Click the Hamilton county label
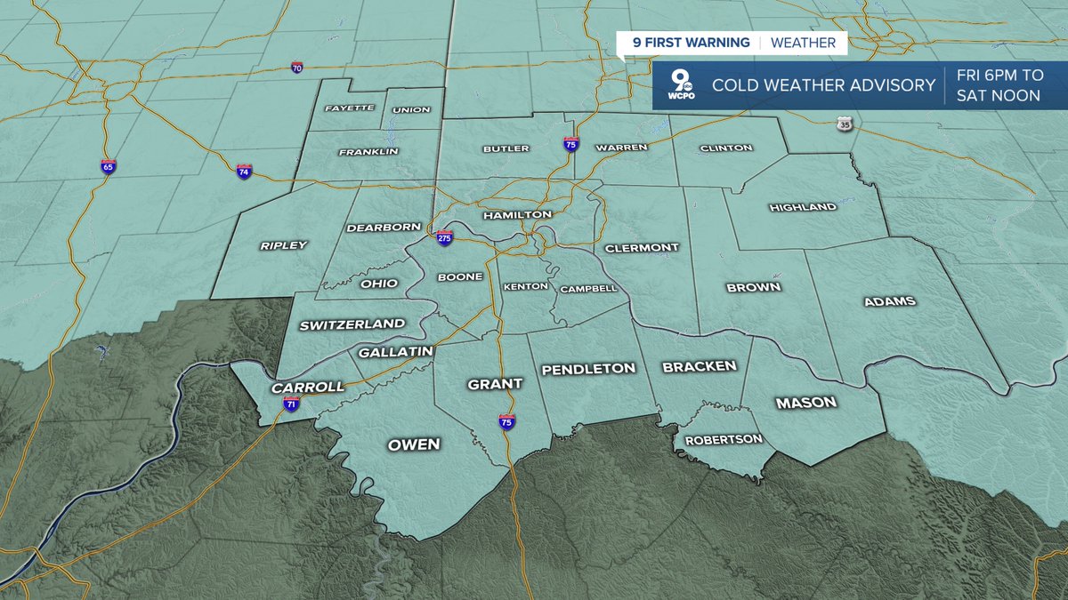point(517,215)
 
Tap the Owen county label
point(413,444)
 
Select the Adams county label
point(889,301)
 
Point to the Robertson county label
point(723,439)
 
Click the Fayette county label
point(349,109)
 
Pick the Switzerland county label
point(352,324)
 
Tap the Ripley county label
point(283,245)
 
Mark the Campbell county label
point(588,289)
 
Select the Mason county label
point(805,403)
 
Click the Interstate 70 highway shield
point(297,68)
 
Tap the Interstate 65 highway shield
point(108,166)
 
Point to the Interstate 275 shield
point(445,237)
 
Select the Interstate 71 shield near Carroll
point(291,404)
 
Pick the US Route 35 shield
point(845,125)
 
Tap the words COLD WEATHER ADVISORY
point(823,85)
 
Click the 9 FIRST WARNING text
point(684,43)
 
